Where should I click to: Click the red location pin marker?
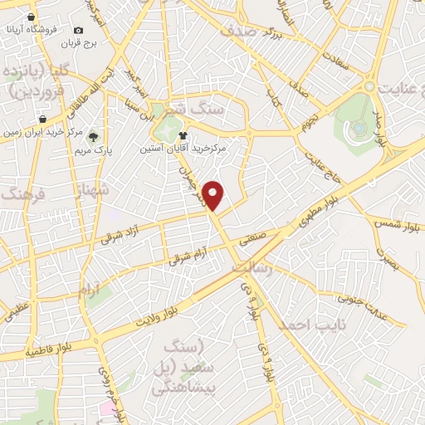(214, 196)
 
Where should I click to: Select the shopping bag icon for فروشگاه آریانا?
(31, 17)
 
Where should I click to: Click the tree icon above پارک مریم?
(93, 137)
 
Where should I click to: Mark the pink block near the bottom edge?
(109, 409)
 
